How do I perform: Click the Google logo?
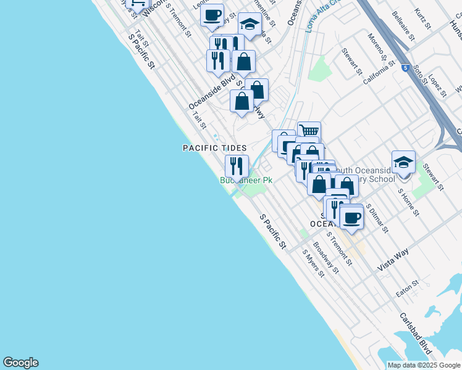click(x=20, y=363)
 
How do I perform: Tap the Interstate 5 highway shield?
click(x=405, y=67)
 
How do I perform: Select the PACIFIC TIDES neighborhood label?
click(x=214, y=148)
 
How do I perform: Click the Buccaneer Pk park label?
click(x=246, y=181)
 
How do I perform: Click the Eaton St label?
click(x=408, y=289)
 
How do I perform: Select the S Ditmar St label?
click(x=377, y=218)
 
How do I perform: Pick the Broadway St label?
click(x=326, y=257)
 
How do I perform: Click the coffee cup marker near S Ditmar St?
click(x=352, y=218)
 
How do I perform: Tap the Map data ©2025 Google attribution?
click(x=424, y=365)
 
